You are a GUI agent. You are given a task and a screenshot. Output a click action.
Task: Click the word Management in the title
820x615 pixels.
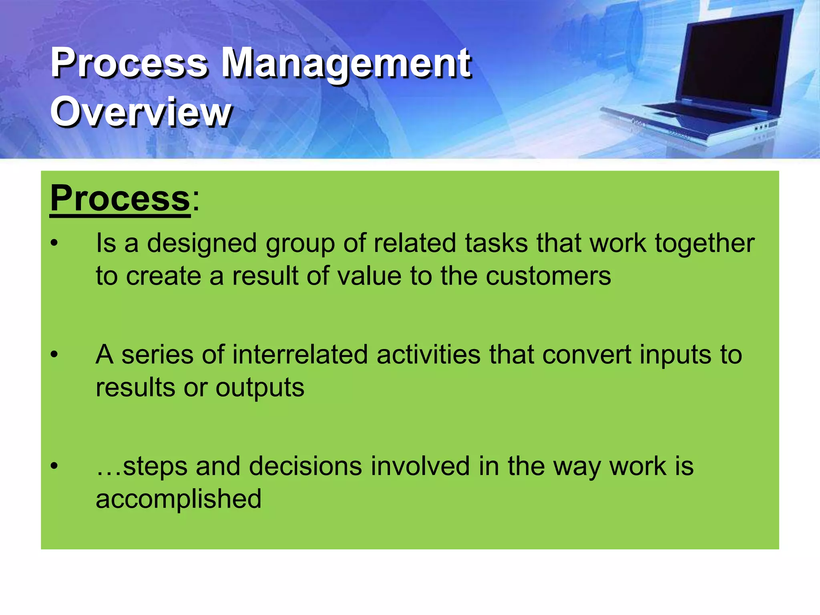(x=346, y=63)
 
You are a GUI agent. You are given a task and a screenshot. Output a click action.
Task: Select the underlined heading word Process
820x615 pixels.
(x=120, y=198)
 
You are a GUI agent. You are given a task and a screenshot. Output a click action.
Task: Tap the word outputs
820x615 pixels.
(x=260, y=388)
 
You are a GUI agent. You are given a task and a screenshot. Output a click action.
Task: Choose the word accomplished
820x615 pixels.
(x=179, y=499)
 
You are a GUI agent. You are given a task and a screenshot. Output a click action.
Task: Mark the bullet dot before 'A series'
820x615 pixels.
(x=54, y=355)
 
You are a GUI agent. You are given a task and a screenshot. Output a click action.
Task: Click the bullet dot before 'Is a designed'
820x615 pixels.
(x=54, y=243)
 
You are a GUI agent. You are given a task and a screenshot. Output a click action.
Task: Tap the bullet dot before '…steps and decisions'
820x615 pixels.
(x=54, y=466)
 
